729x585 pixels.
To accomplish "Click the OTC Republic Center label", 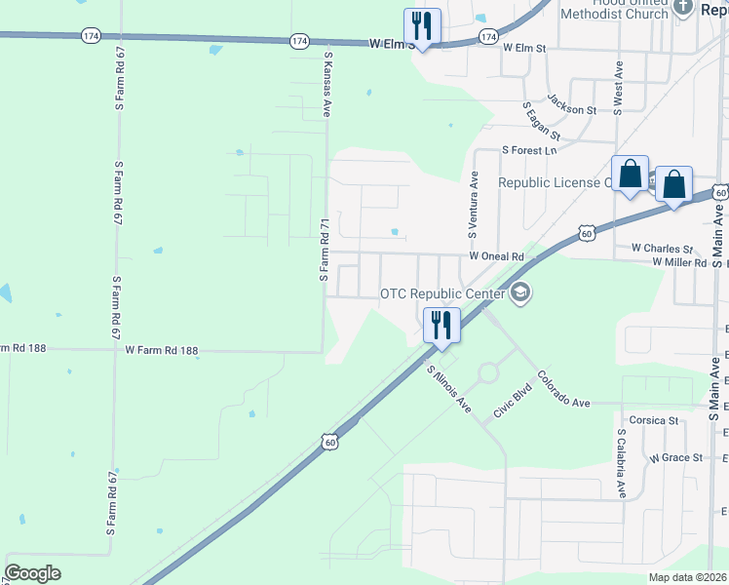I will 442,293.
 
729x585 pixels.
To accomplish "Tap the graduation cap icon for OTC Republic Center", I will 520,292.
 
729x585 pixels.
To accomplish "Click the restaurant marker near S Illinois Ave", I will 441,326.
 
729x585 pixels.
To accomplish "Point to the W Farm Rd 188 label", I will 161,350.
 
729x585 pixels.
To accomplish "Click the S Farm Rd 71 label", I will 325,251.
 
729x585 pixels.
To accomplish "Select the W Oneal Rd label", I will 496,256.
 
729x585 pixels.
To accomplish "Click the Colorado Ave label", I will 563,389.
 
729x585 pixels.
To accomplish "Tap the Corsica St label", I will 653,420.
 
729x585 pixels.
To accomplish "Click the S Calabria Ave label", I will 620,463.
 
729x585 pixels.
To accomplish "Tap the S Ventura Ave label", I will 474,206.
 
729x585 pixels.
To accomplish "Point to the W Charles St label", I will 662,249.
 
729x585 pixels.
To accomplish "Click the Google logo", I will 32,573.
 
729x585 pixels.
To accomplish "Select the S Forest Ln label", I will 529,150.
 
